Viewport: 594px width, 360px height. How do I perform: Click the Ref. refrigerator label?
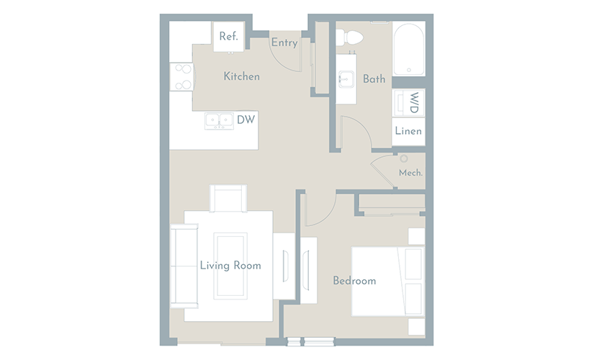(x=228, y=37)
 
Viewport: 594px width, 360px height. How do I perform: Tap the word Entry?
(x=284, y=42)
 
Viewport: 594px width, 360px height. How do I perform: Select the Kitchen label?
(x=242, y=76)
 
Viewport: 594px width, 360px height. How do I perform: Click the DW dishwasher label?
(x=246, y=120)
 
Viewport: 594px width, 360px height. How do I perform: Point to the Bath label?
(x=374, y=78)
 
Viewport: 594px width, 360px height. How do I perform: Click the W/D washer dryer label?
(x=415, y=103)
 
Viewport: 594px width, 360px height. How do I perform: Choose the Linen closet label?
(x=408, y=131)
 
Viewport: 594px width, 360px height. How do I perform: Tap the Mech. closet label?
(x=410, y=173)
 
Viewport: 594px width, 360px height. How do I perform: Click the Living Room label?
(x=230, y=265)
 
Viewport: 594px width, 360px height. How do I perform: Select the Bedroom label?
(x=354, y=281)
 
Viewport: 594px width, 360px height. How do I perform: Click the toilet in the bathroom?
(x=349, y=37)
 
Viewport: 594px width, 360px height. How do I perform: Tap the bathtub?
(x=409, y=49)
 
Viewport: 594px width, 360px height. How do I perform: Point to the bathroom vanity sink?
(x=346, y=79)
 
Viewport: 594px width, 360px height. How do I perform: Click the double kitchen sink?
(x=219, y=121)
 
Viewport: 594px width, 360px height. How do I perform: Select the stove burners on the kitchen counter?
(x=182, y=77)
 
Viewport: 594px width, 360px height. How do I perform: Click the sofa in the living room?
(x=184, y=265)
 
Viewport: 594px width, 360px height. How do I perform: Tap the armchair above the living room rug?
(x=228, y=198)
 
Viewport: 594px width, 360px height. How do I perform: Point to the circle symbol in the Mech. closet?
(x=404, y=158)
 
